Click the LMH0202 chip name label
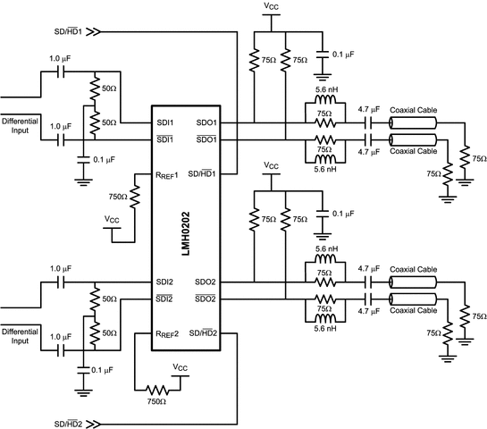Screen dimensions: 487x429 tap(186, 233)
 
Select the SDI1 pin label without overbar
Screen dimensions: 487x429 tap(165, 122)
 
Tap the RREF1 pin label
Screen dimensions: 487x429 tap(167, 175)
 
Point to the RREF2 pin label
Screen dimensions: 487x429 tap(167, 334)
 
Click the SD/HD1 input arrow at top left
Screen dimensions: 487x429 tap(93, 31)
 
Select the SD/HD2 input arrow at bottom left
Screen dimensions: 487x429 tap(93, 424)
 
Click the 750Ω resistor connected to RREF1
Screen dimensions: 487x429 tap(135, 197)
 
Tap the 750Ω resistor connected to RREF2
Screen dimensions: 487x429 tap(157, 390)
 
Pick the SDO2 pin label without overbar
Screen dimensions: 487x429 tap(205, 282)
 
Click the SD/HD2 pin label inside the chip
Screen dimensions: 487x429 tap(204, 333)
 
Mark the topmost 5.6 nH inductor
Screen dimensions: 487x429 tap(325, 99)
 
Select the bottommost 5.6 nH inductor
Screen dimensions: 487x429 tap(325, 318)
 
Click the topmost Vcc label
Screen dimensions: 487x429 tap(271, 6)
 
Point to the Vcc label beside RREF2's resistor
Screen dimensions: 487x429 tap(181, 367)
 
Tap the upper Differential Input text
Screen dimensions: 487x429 tap(20, 125)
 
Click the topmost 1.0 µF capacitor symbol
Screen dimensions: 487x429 tap(61, 71)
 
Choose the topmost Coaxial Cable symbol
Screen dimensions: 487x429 tap(413, 123)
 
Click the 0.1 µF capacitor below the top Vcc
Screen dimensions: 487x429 tap(322, 54)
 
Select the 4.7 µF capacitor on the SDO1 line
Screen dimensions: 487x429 tap(369, 123)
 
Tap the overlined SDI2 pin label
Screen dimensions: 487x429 tap(164, 299)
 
